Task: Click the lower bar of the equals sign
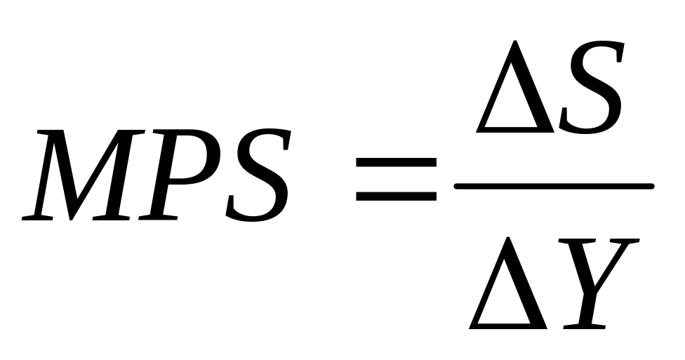[396, 195]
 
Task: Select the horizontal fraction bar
[554, 186]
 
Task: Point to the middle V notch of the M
[85, 204]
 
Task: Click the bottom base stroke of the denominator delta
[510, 325]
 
